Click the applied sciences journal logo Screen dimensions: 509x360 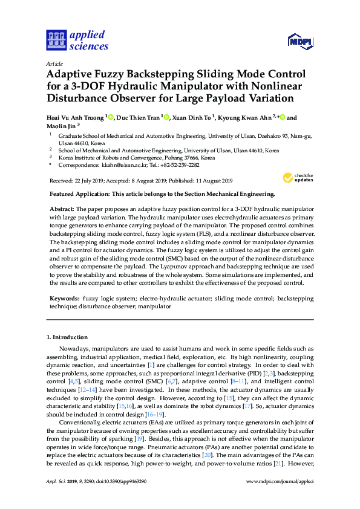click(77, 39)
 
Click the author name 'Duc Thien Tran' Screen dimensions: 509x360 click(138, 118)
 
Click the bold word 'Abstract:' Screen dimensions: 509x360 click(62, 207)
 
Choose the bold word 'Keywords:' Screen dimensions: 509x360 click(64, 299)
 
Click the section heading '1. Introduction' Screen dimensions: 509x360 click(67, 337)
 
